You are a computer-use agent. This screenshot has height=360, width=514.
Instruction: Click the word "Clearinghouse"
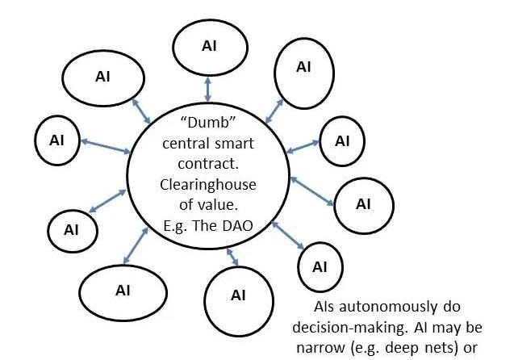tap(208, 185)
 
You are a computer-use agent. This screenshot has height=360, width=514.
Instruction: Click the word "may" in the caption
tap(458, 329)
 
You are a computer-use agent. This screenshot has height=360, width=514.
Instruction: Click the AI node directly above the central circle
tap(209, 44)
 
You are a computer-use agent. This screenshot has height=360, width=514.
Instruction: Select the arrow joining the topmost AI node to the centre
tap(208, 87)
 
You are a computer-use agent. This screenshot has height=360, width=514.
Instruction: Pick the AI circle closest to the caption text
tap(320, 266)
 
